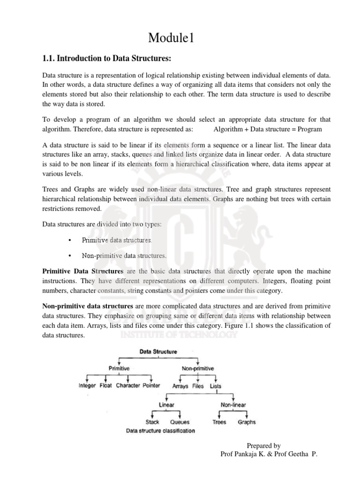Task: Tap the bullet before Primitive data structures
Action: pyautogui.click(x=69, y=240)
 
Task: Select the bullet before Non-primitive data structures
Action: pyautogui.click(x=69, y=256)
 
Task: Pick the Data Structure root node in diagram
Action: pyautogui.click(x=158, y=351)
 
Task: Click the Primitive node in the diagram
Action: pyautogui.click(x=119, y=368)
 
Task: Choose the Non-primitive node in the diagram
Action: pyautogui.click(x=197, y=368)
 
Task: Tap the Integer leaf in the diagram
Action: pyautogui.click(x=87, y=386)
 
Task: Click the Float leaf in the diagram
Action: pyautogui.click(x=105, y=386)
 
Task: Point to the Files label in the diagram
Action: pyautogui.click(x=198, y=386)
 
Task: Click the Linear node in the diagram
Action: pyautogui.click(x=166, y=405)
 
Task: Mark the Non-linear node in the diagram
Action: pyautogui.click(x=233, y=405)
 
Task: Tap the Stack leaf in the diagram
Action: pyautogui.click(x=152, y=422)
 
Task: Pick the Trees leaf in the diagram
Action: pyautogui.click(x=219, y=422)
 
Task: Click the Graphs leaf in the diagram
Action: pyautogui.click(x=247, y=422)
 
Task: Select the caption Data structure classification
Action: pyautogui.click(x=160, y=431)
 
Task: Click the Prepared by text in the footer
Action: pyautogui.click(x=263, y=446)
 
